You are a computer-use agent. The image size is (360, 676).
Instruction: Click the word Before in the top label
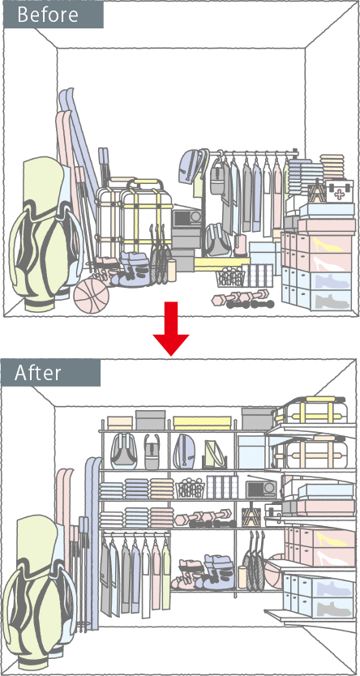tap(48, 15)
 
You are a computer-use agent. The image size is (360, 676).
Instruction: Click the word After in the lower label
tap(37, 373)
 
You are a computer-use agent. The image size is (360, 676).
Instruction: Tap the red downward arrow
tap(171, 328)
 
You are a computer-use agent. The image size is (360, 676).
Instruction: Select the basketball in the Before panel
tap(92, 295)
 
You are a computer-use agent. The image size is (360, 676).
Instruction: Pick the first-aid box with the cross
tap(339, 191)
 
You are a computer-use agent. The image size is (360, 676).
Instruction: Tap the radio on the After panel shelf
tap(261, 489)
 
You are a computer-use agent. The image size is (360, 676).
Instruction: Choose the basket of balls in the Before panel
tap(230, 277)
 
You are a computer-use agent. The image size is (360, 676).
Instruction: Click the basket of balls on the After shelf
tap(190, 489)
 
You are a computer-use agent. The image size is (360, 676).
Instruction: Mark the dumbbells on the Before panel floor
tap(243, 299)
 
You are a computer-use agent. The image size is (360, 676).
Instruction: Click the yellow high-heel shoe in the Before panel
tap(328, 245)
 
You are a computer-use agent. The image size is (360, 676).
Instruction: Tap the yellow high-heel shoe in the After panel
tap(331, 539)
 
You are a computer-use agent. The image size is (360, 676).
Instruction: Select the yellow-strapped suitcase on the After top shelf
tap(311, 410)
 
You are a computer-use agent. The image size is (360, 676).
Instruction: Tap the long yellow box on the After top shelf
tap(202, 423)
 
